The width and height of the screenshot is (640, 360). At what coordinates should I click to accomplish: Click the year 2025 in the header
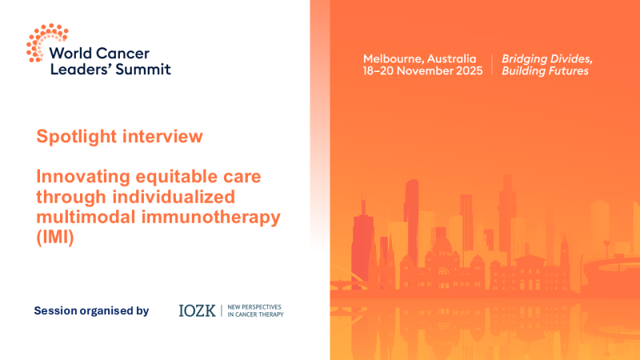click(468, 71)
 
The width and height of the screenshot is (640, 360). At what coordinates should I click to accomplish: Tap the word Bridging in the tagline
click(524, 59)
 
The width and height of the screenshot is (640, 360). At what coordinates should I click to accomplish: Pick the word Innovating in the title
click(82, 176)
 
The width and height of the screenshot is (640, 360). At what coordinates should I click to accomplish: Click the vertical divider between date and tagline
click(492, 65)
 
